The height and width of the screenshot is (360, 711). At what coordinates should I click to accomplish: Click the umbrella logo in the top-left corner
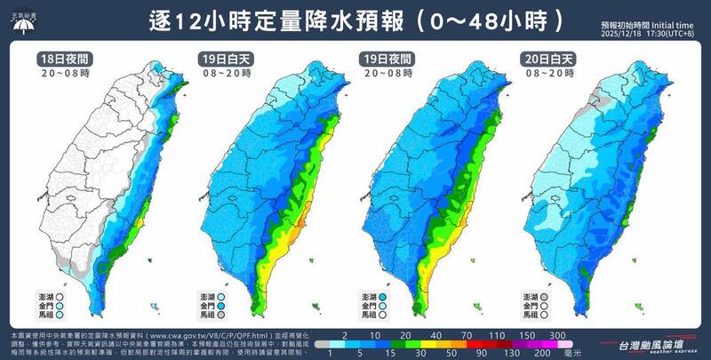[20, 20]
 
